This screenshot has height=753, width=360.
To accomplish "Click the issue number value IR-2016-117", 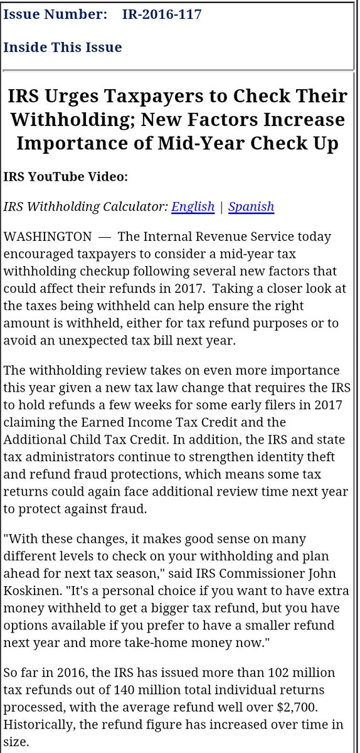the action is [162, 14].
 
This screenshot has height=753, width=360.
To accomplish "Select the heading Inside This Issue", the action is [63, 47].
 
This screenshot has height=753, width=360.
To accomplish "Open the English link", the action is [193, 206].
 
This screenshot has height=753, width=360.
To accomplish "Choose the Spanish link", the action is [251, 206].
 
